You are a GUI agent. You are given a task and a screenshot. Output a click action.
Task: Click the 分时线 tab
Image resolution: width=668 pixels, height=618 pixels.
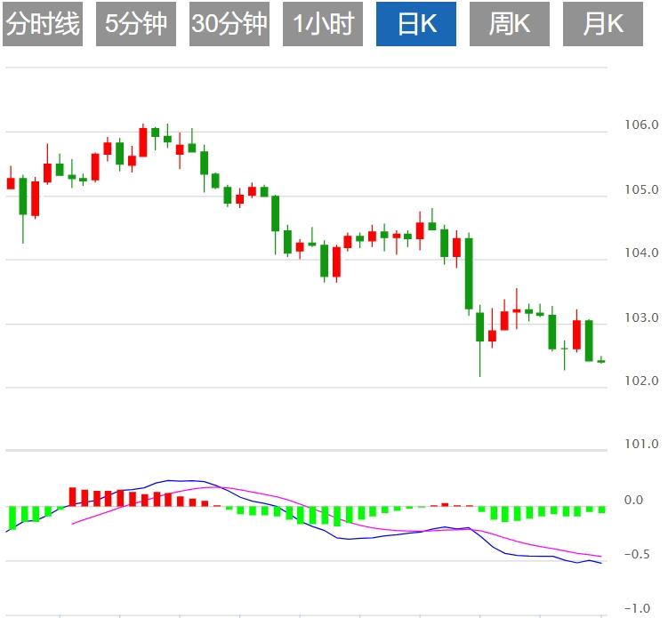(x=43, y=24)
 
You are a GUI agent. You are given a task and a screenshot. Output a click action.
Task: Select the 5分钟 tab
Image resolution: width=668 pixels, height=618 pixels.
(x=136, y=24)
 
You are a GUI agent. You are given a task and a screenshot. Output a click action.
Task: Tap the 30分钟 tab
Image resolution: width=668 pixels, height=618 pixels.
(x=229, y=24)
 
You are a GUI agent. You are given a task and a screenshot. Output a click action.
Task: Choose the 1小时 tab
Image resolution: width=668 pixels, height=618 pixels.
(x=323, y=24)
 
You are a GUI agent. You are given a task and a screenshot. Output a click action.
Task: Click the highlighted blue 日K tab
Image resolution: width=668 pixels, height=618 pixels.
(x=416, y=24)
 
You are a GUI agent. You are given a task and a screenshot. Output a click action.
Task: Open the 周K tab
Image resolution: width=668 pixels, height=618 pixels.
(x=510, y=24)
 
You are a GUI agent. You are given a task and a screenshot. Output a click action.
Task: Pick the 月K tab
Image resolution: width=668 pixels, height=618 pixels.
(x=603, y=24)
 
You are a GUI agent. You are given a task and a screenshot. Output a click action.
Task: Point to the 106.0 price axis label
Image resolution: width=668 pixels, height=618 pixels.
(x=640, y=125)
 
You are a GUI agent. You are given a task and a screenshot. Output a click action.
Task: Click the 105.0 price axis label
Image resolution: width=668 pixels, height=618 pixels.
(x=640, y=189)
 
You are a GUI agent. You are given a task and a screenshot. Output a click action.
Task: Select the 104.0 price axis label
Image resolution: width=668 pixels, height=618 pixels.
(x=640, y=253)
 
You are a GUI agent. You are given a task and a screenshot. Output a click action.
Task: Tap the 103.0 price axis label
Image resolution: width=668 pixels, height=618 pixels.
(x=640, y=317)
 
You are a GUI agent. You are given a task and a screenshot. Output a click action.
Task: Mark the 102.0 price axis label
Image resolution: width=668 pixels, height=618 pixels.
(x=640, y=381)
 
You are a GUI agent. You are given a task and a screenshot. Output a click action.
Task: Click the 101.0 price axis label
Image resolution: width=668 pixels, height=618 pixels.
(x=640, y=444)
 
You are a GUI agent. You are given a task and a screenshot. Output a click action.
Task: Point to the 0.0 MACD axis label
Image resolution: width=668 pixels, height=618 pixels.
(x=633, y=500)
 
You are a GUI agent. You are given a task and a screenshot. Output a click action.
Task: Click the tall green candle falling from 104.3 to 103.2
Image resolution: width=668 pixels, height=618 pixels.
(x=469, y=274)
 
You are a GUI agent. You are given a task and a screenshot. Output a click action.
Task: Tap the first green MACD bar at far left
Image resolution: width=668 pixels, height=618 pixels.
(x=12, y=517)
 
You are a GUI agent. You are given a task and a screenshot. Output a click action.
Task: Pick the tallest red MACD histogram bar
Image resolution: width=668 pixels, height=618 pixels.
(x=73, y=496)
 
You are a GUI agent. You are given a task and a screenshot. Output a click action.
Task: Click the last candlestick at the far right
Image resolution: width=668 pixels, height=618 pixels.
(x=601, y=360)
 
